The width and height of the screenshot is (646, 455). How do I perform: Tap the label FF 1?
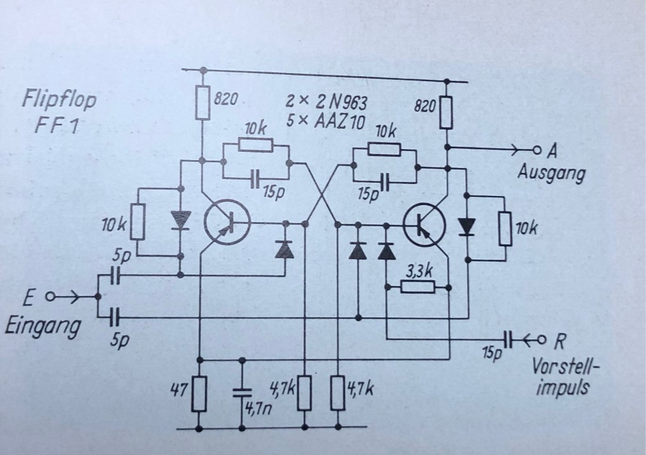[x=56, y=125]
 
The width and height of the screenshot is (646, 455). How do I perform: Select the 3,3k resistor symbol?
[x=417, y=287]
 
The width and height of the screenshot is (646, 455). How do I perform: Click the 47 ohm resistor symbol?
[x=199, y=393]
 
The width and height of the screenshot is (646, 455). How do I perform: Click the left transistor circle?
[x=227, y=222]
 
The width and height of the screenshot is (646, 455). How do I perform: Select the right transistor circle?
[x=424, y=226]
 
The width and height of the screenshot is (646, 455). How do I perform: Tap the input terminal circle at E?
[x=50, y=296]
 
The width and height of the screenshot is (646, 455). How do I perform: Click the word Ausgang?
[x=551, y=173]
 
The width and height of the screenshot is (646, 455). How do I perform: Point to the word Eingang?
[x=43, y=327]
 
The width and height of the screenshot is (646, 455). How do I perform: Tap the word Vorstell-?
[x=563, y=366]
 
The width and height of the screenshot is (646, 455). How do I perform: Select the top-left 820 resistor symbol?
[x=202, y=103]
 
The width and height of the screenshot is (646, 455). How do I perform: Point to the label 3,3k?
[x=419, y=272]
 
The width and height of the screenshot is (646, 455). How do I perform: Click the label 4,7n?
[x=258, y=409]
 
